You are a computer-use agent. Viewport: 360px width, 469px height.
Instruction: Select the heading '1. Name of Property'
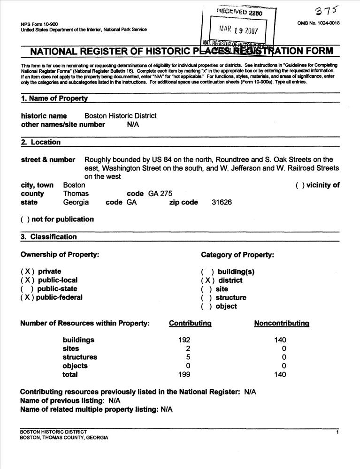click(x=54, y=98)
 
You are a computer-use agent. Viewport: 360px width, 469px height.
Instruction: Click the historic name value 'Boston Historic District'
click(x=120, y=116)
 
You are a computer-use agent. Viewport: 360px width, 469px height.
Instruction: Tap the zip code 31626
click(x=219, y=203)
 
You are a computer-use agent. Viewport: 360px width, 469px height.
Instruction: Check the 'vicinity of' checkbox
click(x=299, y=185)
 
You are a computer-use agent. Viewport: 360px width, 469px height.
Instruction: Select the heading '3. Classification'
click(x=49, y=237)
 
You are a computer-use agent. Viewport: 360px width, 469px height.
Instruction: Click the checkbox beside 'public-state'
click(x=26, y=289)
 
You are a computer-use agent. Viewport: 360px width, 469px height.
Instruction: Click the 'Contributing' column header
click(x=190, y=323)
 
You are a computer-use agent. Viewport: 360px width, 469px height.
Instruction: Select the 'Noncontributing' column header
click(x=282, y=323)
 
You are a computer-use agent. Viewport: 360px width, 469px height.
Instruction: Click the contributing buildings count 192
click(x=185, y=340)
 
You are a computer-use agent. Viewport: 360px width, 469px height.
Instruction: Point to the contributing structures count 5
click(x=188, y=357)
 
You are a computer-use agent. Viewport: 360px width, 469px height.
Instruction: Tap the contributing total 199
click(x=185, y=375)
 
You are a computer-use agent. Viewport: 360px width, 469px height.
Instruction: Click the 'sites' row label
click(x=71, y=349)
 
